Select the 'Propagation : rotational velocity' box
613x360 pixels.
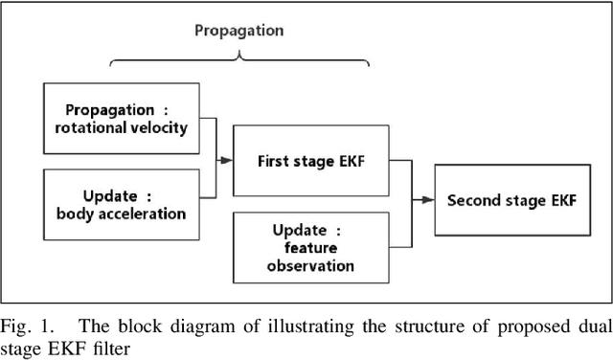point(122,120)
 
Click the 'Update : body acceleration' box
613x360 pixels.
point(122,203)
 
